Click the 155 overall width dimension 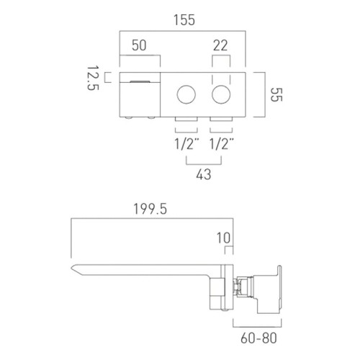coord(184,20)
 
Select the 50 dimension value coord(139,45)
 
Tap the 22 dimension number coord(220,45)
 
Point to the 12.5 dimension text coord(93,78)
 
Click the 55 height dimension coord(276,94)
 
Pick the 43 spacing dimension coord(204,174)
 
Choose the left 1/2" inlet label coord(187,144)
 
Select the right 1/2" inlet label coord(222,144)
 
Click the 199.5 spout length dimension coord(150,209)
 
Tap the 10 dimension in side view coord(224,238)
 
